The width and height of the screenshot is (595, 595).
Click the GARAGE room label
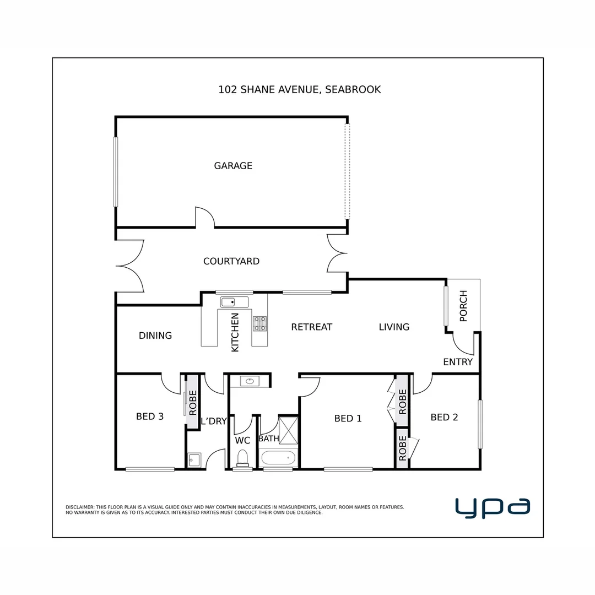[233, 166]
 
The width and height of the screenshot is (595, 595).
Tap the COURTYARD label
[231, 261]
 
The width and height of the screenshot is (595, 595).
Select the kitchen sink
[235, 302]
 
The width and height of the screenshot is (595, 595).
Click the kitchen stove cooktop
[260, 324]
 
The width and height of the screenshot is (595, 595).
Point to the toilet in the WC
[242, 458]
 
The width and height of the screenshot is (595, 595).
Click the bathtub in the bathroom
[278, 458]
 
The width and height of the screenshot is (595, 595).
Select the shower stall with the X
[288, 430]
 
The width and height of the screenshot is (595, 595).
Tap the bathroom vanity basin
[250, 381]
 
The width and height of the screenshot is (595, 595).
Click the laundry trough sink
[194, 459]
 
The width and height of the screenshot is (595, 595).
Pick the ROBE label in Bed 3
[193, 403]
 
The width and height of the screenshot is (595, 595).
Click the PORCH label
[463, 306]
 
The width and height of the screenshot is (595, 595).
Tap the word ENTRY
[458, 362]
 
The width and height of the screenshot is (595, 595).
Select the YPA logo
[493, 508]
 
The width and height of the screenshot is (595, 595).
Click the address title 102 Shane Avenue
[300, 90]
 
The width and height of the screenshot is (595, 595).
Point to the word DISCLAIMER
[80, 507]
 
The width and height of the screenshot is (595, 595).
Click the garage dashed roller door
[347, 171]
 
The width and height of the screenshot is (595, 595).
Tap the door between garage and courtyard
[205, 218]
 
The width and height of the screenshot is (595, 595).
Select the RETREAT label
[311, 327]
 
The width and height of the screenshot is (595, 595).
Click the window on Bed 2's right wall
[480, 424]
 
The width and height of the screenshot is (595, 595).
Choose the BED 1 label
[348, 419]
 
